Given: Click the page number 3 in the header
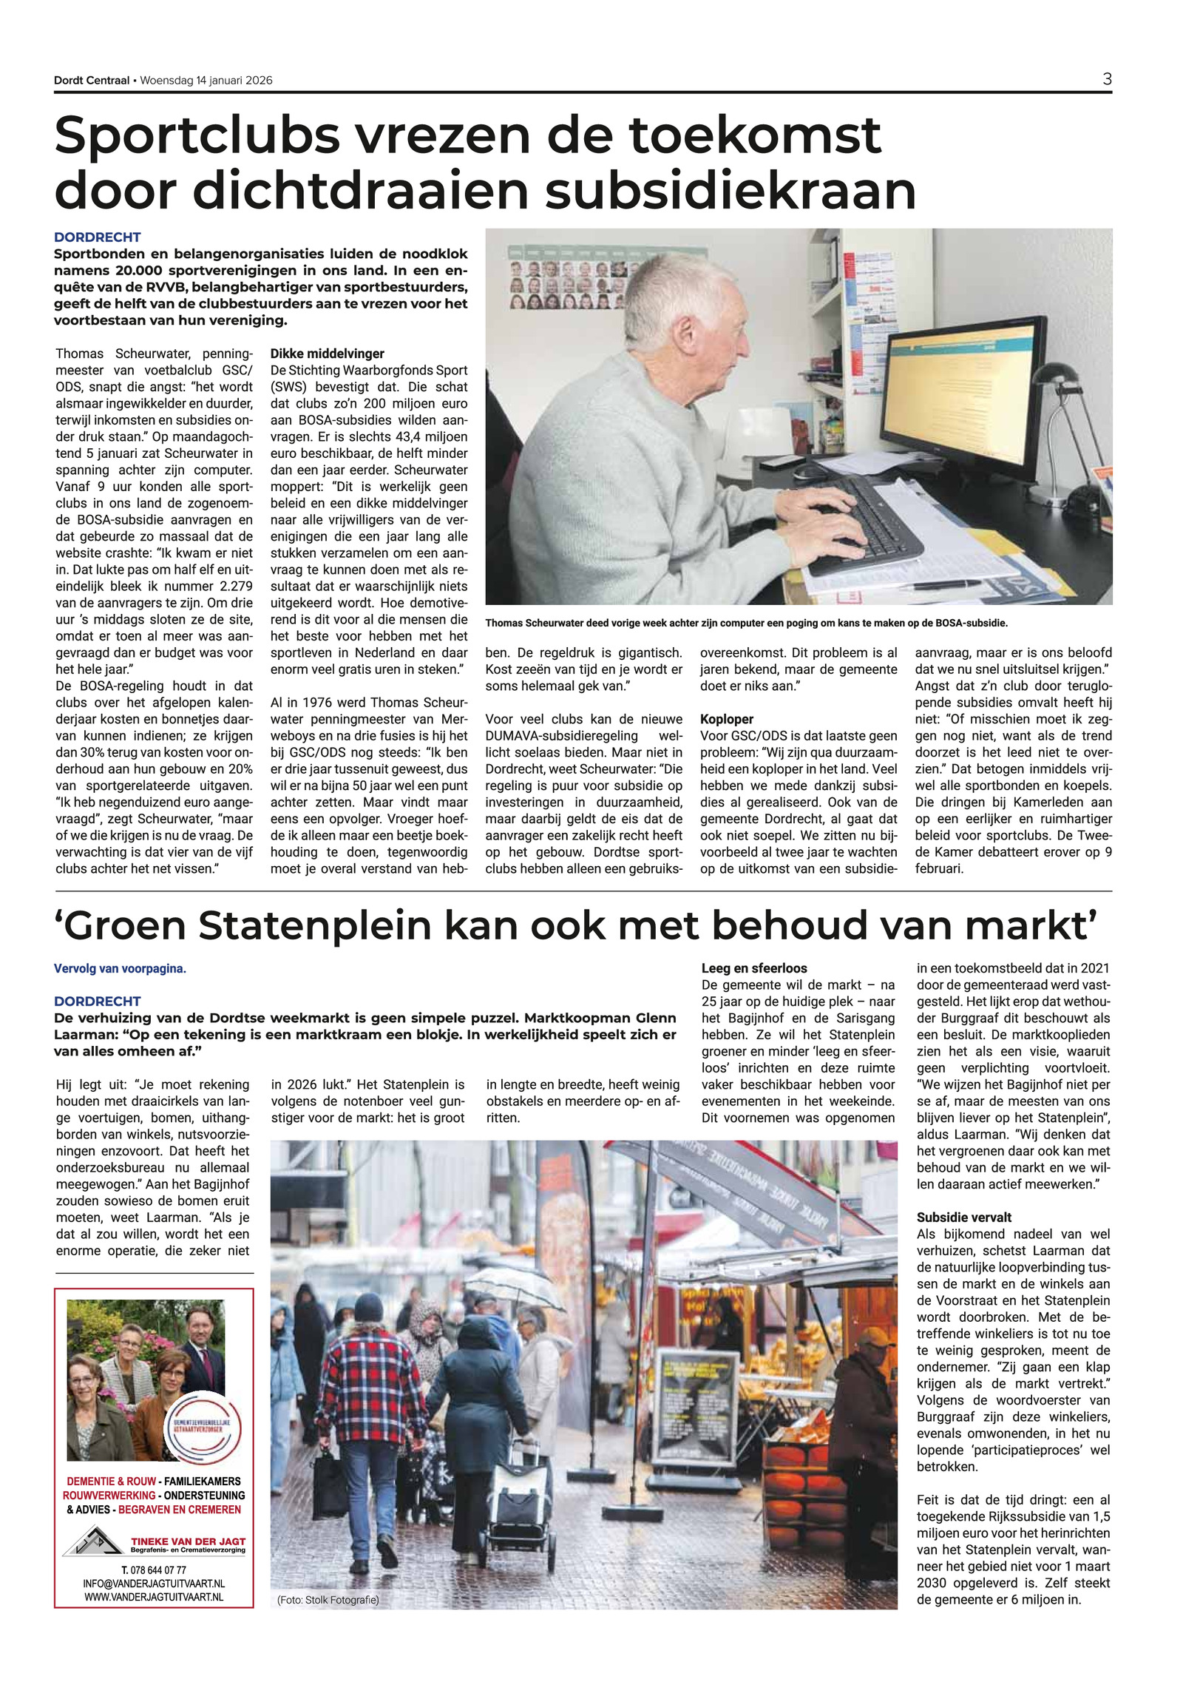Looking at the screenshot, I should tap(1106, 79).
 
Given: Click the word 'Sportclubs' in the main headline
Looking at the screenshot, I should tap(197, 136).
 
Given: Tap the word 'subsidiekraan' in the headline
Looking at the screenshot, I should tap(731, 191).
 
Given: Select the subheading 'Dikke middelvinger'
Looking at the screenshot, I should tap(327, 354).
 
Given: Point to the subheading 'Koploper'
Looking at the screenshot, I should tap(727, 719).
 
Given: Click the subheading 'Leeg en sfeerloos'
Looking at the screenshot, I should tap(754, 968).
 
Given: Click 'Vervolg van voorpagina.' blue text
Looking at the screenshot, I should tap(120, 968).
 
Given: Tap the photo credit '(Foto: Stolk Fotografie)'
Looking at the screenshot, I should tap(328, 1600).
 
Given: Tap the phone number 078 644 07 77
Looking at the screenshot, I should tap(154, 1570).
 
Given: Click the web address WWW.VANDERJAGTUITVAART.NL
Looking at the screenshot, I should tap(154, 1597).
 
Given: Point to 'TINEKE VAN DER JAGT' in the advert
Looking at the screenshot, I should tap(188, 1541).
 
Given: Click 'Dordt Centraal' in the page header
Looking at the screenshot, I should tap(91, 81).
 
